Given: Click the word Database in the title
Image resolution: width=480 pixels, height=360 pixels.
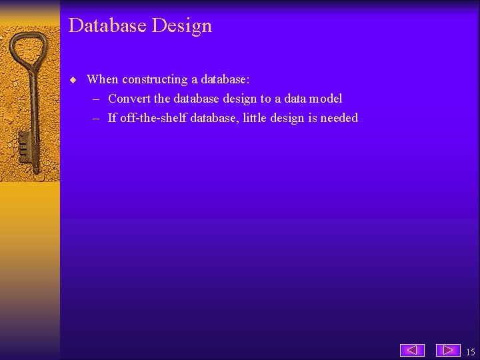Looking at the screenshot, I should [x=107, y=25].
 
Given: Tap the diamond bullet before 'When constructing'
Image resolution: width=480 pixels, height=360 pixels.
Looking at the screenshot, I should [x=74, y=80].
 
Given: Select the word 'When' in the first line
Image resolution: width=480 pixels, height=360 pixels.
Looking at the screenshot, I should [x=102, y=79].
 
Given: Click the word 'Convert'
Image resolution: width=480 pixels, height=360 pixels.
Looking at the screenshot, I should [x=129, y=99].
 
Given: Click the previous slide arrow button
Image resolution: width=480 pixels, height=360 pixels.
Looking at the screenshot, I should [x=412, y=350].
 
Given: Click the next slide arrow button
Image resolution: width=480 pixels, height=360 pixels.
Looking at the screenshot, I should [x=448, y=350].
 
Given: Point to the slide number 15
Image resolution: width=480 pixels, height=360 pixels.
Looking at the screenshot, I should [x=470, y=351].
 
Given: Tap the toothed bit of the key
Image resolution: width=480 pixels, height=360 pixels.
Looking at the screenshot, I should [x=25, y=148].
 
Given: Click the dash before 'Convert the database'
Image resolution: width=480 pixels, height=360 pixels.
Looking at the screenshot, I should [x=96, y=99].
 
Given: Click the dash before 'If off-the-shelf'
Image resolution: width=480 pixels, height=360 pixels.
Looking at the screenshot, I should [x=96, y=118].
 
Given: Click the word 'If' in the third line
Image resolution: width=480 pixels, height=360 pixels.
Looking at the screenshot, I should [x=112, y=118].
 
